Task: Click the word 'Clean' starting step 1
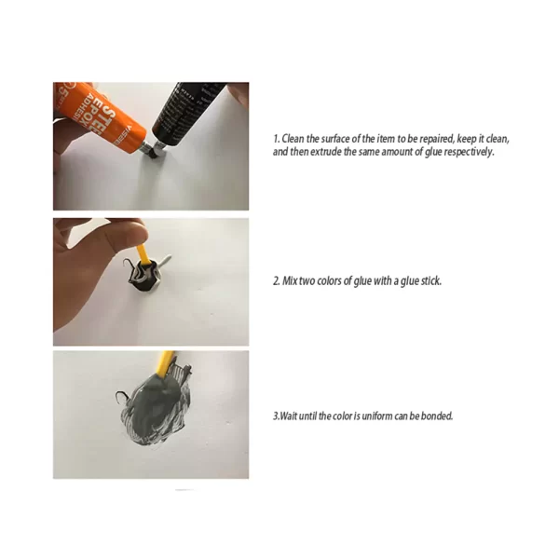click(x=293, y=139)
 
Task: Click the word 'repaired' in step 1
click(x=437, y=139)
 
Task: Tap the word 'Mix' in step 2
click(x=290, y=281)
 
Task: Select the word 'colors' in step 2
click(x=330, y=281)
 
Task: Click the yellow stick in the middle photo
click(x=143, y=253)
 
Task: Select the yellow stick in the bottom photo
click(x=166, y=363)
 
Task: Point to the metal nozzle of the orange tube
click(x=143, y=147)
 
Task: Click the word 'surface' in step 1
click(x=335, y=139)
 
